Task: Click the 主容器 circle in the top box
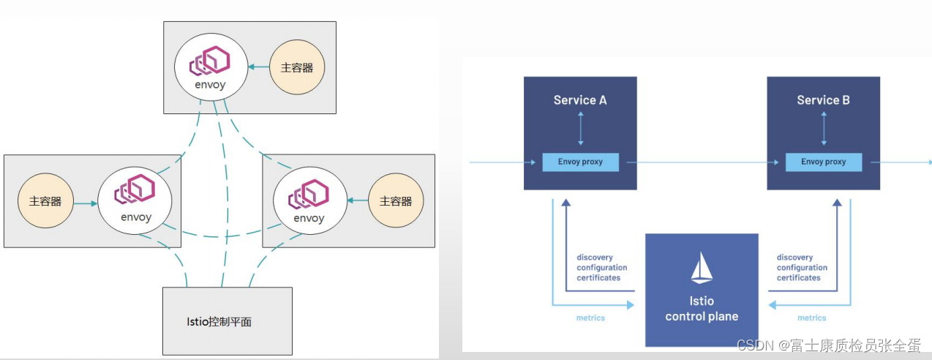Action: pos(296,67)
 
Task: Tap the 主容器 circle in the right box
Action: pos(396,201)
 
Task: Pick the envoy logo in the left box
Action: pos(135,192)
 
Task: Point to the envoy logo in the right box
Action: pos(309,194)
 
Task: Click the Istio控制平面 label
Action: pos(219,321)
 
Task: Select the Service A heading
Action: pos(580,100)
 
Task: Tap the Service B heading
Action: pos(823,100)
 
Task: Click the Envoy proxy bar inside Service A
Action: pos(580,162)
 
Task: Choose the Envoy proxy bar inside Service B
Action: pos(823,162)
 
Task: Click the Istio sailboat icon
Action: pos(702,269)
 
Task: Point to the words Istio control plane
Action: pos(702,309)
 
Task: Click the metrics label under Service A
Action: pos(590,318)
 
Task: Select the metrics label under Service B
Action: pos(811,318)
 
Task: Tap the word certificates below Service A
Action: pos(598,278)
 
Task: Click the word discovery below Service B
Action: pos(794,258)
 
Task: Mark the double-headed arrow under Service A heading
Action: pos(580,129)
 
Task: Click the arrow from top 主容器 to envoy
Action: pos(257,67)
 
